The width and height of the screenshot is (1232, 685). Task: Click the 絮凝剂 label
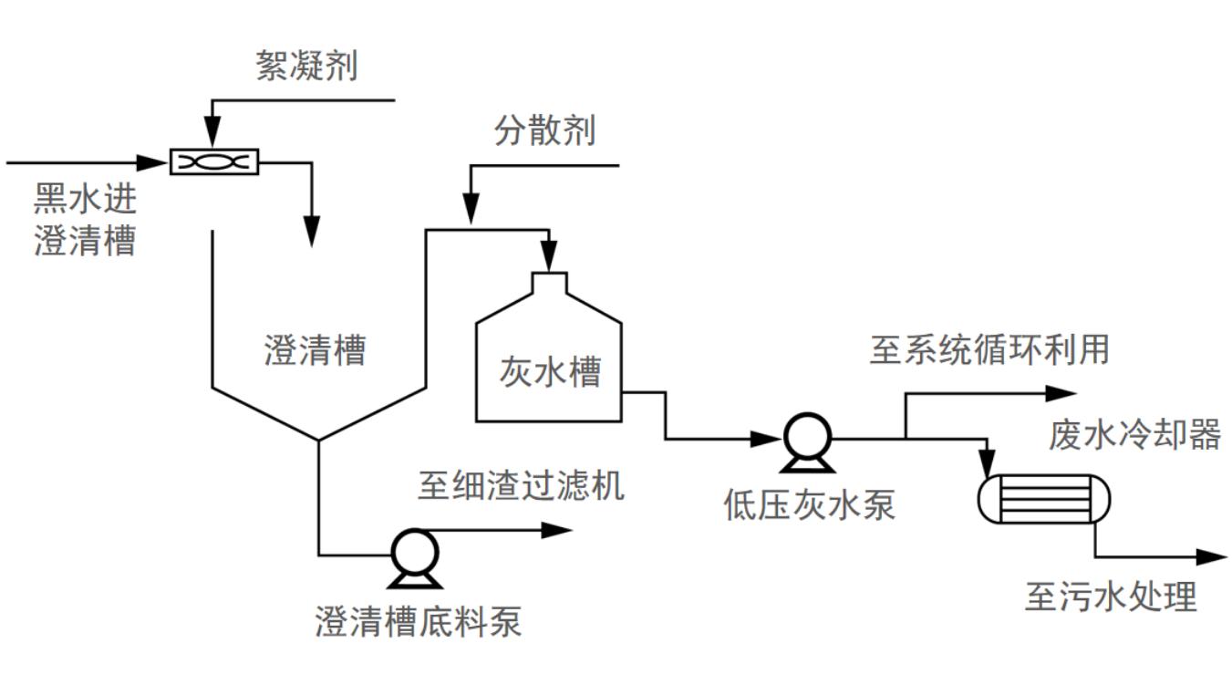[306, 67]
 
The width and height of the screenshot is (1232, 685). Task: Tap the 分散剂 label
[544, 130]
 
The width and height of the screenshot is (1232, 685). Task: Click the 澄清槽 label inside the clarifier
[315, 350]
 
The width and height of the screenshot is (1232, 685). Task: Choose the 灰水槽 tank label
[549, 371]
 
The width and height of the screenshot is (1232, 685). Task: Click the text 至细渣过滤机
[521, 485]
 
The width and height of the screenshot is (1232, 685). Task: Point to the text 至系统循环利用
[989, 349]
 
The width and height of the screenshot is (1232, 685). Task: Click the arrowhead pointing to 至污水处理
[1214, 556]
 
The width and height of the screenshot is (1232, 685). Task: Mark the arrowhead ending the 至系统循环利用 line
[1063, 394]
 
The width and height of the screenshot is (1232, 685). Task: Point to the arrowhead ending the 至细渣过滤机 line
[557, 530]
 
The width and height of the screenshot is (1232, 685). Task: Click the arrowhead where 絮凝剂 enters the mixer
[212, 138]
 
